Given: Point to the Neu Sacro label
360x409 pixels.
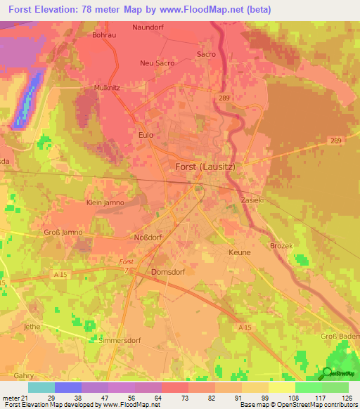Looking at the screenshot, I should (x=157, y=63).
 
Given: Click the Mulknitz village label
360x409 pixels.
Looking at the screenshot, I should (x=108, y=88).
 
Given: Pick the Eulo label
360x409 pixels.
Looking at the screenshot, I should (x=146, y=134).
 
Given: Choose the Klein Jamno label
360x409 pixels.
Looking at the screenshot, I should (x=105, y=202).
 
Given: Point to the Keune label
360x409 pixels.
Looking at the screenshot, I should (x=239, y=251).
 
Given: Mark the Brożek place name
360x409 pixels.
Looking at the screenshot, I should (x=281, y=245).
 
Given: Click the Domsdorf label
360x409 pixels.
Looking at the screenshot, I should (x=167, y=271).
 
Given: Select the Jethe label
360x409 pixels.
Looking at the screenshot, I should (x=32, y=327).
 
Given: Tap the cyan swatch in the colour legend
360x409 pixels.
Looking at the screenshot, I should (x=41, y=387).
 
